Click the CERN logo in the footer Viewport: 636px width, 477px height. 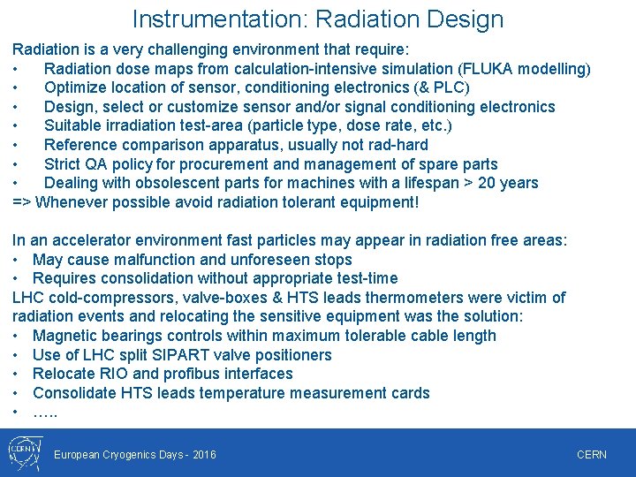pos(21,453)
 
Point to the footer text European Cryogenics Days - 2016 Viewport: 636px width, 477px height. pos(135,455)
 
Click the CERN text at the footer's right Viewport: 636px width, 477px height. pos(591,455)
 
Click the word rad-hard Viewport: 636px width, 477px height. pos(396,145)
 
